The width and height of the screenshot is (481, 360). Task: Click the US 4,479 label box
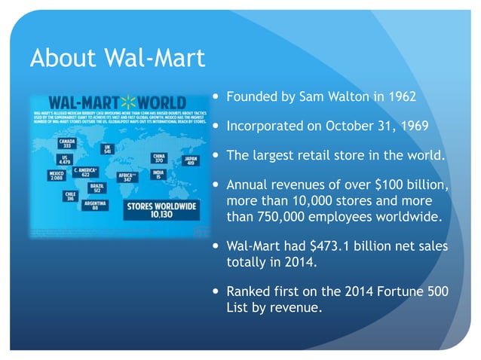(x=65, y=159)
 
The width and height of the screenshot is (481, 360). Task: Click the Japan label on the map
(x=189, y=160)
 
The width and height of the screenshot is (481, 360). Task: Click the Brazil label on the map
(x=97, y=188)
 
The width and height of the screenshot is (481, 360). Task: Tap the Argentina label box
(x=94, y=206)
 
